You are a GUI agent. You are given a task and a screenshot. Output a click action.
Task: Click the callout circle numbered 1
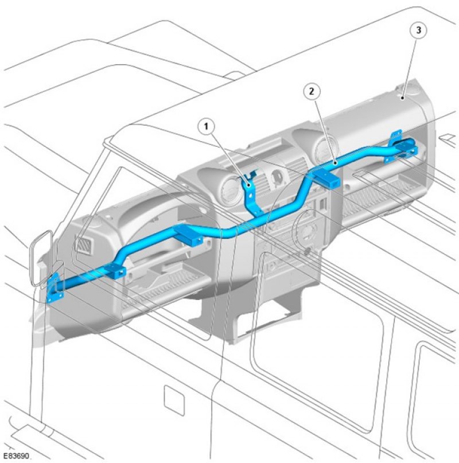(206, 127)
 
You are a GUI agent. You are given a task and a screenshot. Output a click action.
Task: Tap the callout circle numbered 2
(312, 92)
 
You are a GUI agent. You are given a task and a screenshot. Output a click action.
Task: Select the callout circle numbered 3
(418, 30)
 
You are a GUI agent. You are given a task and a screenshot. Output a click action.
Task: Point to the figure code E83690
(16, 456)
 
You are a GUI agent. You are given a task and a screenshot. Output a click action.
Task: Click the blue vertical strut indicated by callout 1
(251, 195)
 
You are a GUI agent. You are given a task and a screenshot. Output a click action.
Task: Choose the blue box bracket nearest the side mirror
(115, 270)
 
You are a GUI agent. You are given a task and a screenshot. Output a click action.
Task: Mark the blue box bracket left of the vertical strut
(189, 235)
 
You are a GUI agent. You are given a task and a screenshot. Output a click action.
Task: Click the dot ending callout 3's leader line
(403, 98)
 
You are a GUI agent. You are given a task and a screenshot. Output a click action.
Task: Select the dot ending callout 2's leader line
(335, 162)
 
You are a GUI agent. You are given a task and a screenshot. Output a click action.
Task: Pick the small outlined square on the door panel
(174, 400)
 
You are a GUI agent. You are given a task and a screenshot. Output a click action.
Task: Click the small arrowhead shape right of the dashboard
(448, 139)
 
